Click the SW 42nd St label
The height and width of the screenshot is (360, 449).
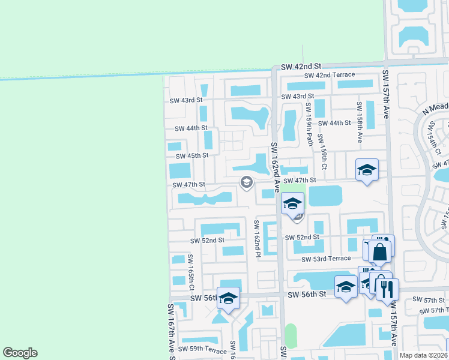[x=302, y=65]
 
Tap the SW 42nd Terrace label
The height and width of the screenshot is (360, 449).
[x=330, y=75]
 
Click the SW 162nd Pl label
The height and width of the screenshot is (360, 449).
[x=256, y=239]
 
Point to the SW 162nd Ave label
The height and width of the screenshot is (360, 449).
[x=275, y=167]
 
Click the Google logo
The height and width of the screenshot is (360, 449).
[x=20, y=353]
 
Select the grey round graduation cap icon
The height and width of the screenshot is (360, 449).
[x=246, y=182]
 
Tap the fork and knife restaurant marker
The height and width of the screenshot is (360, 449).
[x=387, y=289]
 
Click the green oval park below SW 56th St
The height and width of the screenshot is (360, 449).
[x=291, y=335]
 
